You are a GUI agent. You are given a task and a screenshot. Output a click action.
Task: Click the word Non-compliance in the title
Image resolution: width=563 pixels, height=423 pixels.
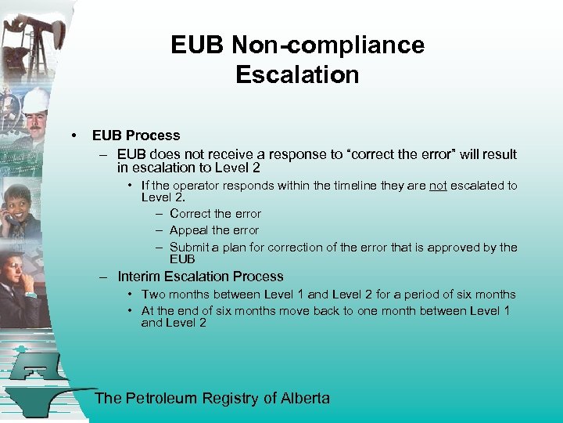point(328,45)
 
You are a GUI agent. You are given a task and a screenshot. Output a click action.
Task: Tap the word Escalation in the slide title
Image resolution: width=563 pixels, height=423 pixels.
point(297,74)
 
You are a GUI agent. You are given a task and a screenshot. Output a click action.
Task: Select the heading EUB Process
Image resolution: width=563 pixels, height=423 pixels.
point(136,136)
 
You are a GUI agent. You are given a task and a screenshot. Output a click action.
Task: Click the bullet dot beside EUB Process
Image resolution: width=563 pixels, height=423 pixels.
point(73,136)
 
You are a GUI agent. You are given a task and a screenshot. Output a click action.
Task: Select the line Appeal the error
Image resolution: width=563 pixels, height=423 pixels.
point(213,230)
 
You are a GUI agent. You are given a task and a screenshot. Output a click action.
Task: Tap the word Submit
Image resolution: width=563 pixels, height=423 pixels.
point(190,248)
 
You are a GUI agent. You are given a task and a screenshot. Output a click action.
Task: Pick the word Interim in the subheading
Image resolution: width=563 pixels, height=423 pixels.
point(139,277)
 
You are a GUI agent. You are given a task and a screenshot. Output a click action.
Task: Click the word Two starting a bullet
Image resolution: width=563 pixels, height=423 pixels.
point(153,295)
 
